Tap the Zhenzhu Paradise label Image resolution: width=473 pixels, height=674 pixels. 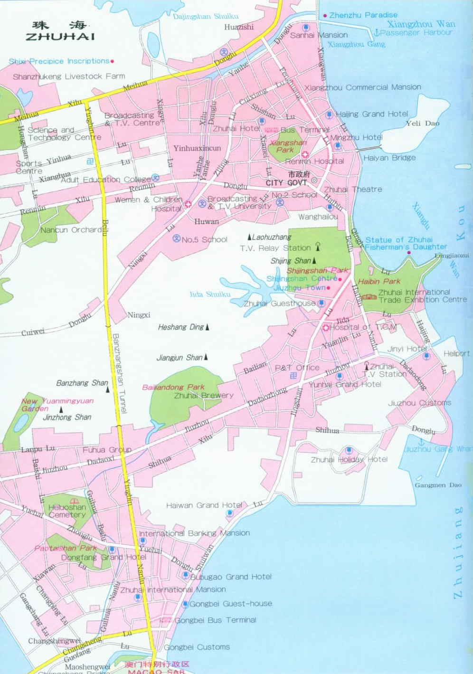pyautogui.click(x=363, y=15)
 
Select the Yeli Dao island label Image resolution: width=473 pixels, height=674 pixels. pyautogui.click(x=422, y=123)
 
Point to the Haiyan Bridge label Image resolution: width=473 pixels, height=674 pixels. pyautogui.click(x=389, y=158)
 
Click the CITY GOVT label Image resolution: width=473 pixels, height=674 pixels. pyautogui.click(x=286, y=183)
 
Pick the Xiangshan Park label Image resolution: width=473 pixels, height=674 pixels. pyautogui.click(x=288, y=146)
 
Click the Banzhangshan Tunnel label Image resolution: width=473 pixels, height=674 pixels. pyautogui.click(x=119, y=373)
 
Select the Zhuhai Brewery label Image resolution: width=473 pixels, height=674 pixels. pyautogui.click(x=203, y=395)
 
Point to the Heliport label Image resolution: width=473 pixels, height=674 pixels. pyautogui.click(x=456, y=353)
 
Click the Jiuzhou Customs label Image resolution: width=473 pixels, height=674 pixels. pyautogui.click(x=419, y=403)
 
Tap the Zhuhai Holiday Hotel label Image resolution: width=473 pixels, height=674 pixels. pyautogui.click(x=349, y=459)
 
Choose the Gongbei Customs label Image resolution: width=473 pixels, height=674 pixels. pyautogui.click(x=197, y=647)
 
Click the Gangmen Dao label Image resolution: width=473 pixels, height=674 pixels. pyautogui.click(x=438, y=485)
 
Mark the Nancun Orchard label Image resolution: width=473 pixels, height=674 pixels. pyautogui.click(x=71, y=230)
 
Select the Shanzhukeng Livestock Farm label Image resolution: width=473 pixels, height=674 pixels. pyautogui.click(x=69, y=76)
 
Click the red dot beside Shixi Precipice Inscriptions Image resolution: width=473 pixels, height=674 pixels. pyautogui.click(x=112, y=61)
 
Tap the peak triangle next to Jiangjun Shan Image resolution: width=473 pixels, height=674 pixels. pyautogui.click(x=206, y=357)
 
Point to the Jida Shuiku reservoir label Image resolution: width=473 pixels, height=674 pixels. pyautogui.click(x=209, y=294)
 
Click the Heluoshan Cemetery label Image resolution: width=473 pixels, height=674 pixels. pyautogui.click(x=67, y=511)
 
